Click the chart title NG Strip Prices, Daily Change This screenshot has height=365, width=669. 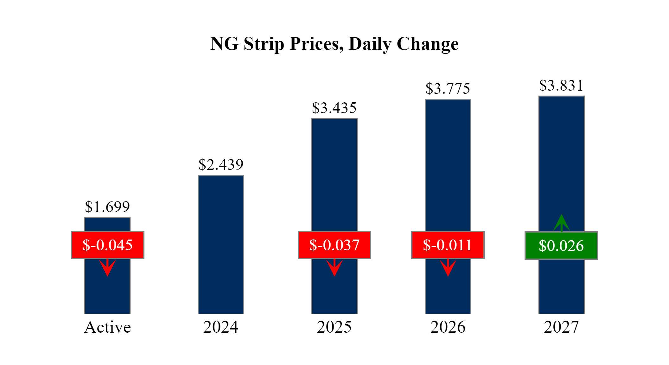click(x=334, y=44)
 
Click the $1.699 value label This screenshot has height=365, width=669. click(x=107, y=207)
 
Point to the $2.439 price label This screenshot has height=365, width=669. click(x=221, y=165)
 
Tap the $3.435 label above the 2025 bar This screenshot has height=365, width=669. click(x=334, y=108)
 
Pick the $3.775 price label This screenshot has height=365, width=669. click(x=448, y=89)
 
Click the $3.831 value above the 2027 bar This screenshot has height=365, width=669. click(x=561, y=86)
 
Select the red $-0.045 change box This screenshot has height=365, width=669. click(x=107, y=245)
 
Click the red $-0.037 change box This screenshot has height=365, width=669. click(x=334, y=245)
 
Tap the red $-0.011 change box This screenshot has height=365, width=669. click(x=448, y=245)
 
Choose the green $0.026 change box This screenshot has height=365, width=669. click(x=561, y=246)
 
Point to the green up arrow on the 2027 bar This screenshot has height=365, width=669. click(x=561, y=223)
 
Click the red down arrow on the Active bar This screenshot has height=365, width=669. click(x=107, y=267)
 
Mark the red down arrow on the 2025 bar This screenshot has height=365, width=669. click(x=334, y=267)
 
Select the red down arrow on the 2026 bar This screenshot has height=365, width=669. click(x=448, y=267)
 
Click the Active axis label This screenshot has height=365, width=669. click(x=107, y=327)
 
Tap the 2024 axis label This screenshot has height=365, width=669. click(x=221, y=327)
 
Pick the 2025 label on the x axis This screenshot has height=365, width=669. click(x=334, y=327)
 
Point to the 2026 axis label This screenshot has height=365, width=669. click(x=448, y=327)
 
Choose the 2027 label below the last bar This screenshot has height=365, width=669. click(x=561, y=327)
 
